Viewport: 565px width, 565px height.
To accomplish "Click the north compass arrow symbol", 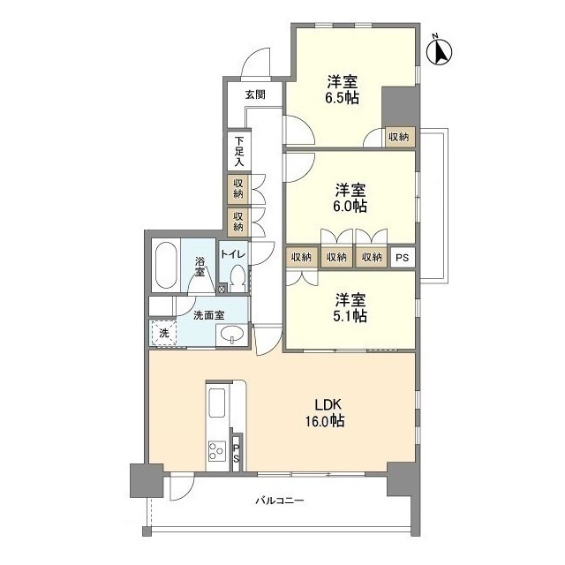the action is [x=440, y=52].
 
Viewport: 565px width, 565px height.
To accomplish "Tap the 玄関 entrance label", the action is [x=255, y=94].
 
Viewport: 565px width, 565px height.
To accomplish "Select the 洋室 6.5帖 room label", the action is [x=343, y=90].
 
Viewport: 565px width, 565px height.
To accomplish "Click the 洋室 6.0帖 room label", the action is [x=350, y=198].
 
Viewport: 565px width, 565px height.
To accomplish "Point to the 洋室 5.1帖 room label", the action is [x=350, y=307].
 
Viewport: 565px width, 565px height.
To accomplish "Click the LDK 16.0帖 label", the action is [x=325, y=412].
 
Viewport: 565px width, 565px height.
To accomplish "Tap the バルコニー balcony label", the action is [x=280, y=501].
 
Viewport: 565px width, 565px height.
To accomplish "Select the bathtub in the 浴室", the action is [x=166, y=265].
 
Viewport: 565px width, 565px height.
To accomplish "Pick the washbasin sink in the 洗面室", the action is [x=231, y=335].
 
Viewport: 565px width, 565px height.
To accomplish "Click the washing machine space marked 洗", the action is [x=164, y=333].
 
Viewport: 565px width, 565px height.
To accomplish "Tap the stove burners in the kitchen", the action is [x=216, y=450].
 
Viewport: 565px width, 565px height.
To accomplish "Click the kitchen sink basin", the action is [x=217, y=403].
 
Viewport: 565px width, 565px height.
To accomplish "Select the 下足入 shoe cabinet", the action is [x=239, y=150].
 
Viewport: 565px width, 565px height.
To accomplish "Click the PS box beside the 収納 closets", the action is [x=403, y=258].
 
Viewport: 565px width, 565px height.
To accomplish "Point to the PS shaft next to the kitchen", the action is [x=237, y=453].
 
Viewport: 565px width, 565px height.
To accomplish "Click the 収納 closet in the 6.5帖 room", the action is [x=398, y=137].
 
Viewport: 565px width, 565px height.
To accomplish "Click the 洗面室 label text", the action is [x=209, y=315].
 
